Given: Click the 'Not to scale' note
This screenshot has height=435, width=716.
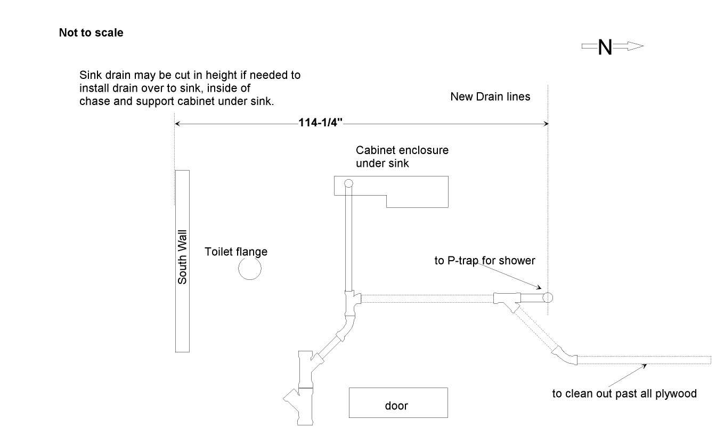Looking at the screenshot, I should pyautogui.click(x=91, y=33).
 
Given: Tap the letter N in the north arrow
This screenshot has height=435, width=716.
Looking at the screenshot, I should pyautogui.click(x=605, y=47).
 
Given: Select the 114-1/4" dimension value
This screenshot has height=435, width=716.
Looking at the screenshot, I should pyautogui.click(x=320, y=124).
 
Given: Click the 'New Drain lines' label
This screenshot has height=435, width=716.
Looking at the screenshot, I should pyautogui.click(x=490, y=96).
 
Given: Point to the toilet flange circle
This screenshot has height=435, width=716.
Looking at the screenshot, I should pyautogui.click(x=249, y=269).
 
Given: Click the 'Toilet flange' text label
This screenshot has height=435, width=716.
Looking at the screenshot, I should pyautogui.click(x=236, y=252).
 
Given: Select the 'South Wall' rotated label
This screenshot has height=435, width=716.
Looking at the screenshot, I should pyautogui.click(x=183, y=261).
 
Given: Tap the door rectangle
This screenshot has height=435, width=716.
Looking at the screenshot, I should pyautogui.click(x=398, y=403).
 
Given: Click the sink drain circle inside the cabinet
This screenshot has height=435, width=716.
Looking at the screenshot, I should pyautogui.click(x=348, y=184).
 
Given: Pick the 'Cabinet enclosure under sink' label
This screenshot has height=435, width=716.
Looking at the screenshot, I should pyautogui.click(x=402, y=157).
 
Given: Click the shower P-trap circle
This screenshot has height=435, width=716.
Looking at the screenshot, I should pyautogui.click(x=548, y=297).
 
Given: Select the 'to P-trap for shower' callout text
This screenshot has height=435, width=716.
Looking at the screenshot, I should pyautogui.click(x=484, y=261).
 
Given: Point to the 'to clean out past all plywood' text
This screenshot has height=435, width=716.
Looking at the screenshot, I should pyautogui.click(x=624, y=394).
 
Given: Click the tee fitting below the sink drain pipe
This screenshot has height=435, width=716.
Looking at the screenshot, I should pyautogui.click(x=352, y=302).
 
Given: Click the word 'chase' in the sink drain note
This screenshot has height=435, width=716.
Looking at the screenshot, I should pyautogui.click(x=94, y=101).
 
